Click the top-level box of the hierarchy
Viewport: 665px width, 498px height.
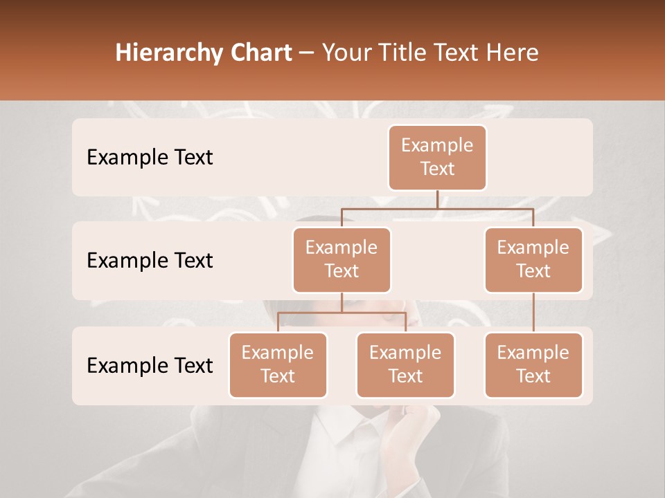pos(437,157)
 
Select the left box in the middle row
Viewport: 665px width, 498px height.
pos(342,259)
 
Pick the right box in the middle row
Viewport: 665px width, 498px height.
pos(533,259)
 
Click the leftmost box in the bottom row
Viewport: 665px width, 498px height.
pos(278,365)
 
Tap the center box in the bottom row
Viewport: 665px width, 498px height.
pos(405,365)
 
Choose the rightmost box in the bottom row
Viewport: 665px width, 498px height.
pos(533,365)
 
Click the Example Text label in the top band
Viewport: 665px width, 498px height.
pos(150,158)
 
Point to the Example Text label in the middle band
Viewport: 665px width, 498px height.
pos(150,261)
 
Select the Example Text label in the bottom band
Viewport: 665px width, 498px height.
pos(150,365)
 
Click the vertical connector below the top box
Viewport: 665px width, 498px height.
pos(437,199)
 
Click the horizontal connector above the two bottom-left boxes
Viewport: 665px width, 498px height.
pos(342,313)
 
